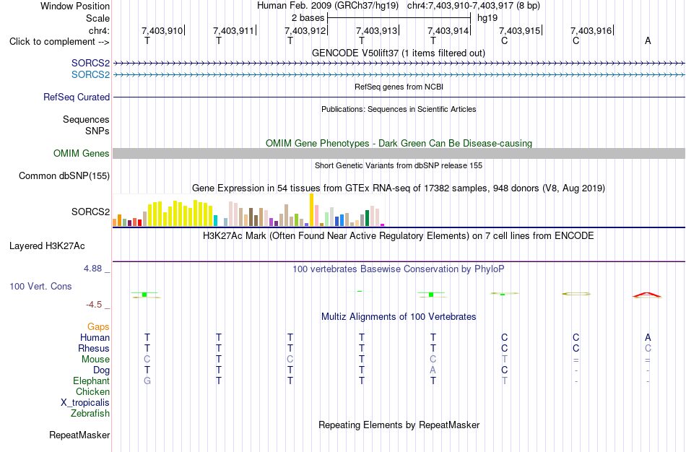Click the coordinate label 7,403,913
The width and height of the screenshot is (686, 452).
[376, 30]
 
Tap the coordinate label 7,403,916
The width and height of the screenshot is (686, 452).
[591, 30]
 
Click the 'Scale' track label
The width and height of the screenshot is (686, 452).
[97, 18]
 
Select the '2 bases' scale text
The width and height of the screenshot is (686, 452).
[308, 18]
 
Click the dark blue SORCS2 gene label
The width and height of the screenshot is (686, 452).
[90, 63]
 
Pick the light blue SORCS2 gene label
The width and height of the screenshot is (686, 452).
[90, 75]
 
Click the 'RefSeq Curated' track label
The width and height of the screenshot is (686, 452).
[77, 97]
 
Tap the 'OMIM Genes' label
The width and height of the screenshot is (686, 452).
[82, 154]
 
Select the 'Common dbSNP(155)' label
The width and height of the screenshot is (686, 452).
[64, 176]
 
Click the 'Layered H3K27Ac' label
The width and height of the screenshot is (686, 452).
[47, 246]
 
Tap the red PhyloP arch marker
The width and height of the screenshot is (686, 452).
[648, 294]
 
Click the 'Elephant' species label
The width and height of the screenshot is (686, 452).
[91, 381]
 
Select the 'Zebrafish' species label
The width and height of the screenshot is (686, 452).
[90, 414]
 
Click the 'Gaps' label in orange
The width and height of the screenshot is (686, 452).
[98, 327]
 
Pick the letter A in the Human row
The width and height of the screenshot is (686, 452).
[648, 337]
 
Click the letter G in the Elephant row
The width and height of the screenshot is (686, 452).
[147, 381]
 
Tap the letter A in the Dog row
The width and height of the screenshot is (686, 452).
[433, 370]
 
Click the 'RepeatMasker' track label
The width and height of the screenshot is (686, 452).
[79, 435]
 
